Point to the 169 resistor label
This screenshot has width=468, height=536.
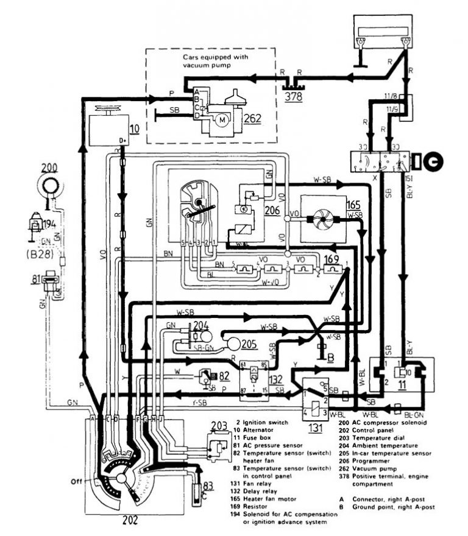pos(331,259)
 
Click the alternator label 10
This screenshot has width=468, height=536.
pos(134,128)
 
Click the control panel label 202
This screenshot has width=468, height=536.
pos(129,521)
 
